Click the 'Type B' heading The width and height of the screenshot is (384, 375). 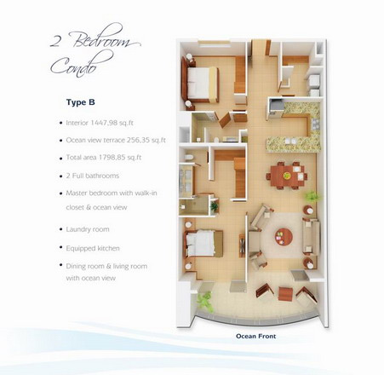(81, 102)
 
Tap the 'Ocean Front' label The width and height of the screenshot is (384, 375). (256, 336)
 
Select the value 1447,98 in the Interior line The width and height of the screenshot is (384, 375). (103, 123)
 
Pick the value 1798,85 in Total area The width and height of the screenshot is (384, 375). (112, 158)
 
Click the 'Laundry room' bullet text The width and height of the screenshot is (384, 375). (88, 229)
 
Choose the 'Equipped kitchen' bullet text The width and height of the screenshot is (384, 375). (93, 248)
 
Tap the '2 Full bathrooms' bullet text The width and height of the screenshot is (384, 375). (93, 176)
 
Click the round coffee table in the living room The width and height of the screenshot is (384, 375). (284, 237)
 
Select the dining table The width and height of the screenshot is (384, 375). (287, 176)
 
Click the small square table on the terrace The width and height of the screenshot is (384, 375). (285, 294)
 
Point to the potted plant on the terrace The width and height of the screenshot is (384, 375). (205, 302)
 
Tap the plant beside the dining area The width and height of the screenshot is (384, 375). (312, 196)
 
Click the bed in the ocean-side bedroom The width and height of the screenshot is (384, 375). (203, 244)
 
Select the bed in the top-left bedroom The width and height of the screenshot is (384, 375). (203, 84)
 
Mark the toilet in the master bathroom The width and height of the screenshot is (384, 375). (189, 158)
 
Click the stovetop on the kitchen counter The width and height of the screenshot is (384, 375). (315, 124)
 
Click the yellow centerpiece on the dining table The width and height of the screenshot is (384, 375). (287, 176)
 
